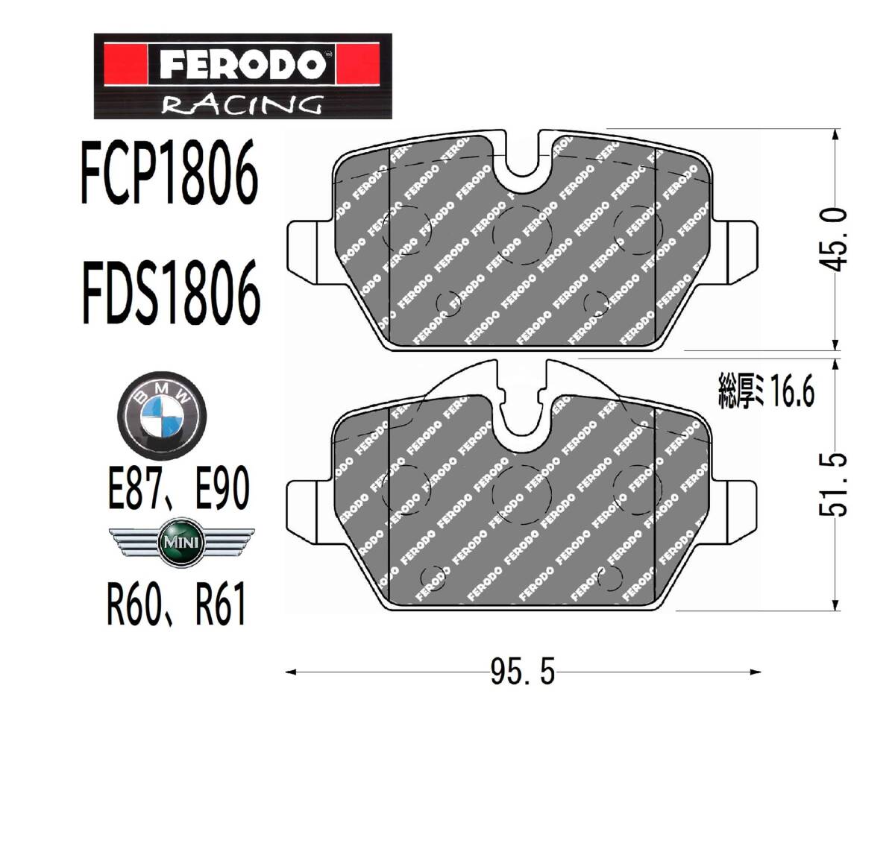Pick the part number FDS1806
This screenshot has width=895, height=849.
click(x=172, y=291)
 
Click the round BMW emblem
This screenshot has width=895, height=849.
click(x=161, y=414)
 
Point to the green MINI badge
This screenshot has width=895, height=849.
click(x=180, y=543)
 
